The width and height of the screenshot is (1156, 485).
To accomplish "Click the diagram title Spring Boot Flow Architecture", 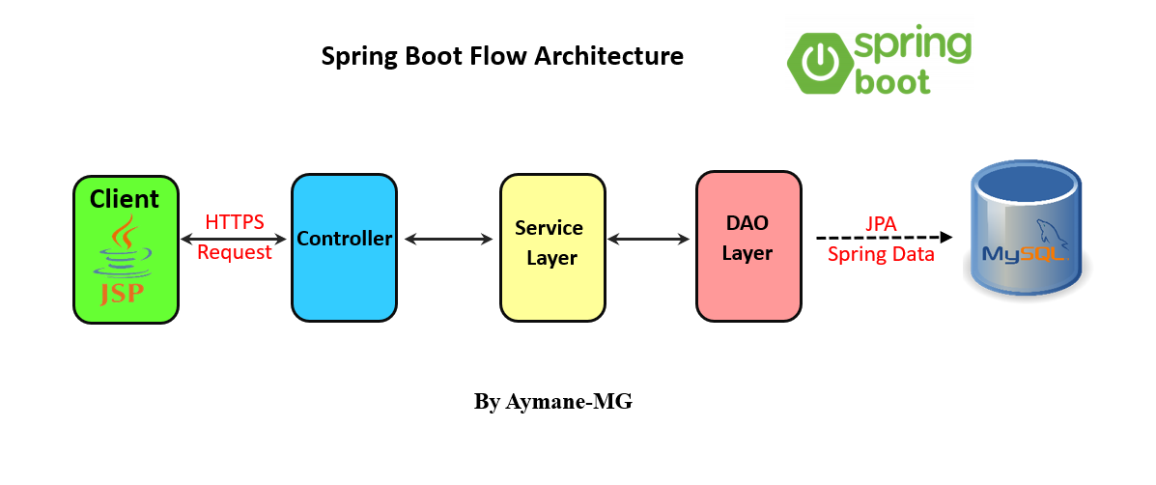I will click(502, 56).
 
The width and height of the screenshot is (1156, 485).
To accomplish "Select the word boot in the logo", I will click(892, 79).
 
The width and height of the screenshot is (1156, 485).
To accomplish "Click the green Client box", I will click(127, 249).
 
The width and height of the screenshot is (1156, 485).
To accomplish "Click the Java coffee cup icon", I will click(123, 246).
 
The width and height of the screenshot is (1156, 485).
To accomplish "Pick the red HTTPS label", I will click(235, 222).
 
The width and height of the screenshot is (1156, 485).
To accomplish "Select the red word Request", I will click(235, 253).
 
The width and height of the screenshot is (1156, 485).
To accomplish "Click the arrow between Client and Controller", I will click(234, 238).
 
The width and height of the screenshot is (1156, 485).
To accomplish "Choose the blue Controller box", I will click(345, 247).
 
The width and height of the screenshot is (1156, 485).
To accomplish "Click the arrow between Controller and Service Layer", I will click(449, 238).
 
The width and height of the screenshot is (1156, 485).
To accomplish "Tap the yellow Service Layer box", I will click(550, 247).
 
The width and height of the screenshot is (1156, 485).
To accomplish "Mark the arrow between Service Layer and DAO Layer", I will click(652, 238).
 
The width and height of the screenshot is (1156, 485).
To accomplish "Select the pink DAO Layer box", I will click(748, 247).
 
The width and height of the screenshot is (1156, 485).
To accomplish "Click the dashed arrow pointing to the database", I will click(885, 238).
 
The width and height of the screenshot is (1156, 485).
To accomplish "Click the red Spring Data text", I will click(881, 255).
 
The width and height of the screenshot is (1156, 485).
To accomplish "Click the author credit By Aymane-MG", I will click(552, 401).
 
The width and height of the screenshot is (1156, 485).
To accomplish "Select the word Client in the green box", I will click(125, 199).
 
